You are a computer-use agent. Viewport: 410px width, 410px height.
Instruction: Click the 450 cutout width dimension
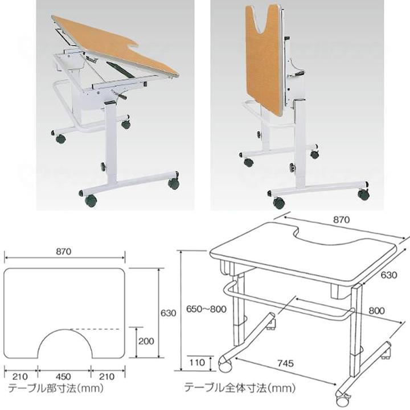[x=63, y=376]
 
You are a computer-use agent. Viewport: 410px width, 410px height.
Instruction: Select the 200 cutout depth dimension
[x=146, y=341]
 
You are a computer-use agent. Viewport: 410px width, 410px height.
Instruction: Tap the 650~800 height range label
[x=206, y=309]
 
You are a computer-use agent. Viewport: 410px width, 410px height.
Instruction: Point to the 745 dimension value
[x=285, y=363]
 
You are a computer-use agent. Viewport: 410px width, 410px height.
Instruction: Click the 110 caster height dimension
[x=197, y=362]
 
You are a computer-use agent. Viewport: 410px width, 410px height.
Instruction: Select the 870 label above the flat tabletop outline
[x=64, y=252]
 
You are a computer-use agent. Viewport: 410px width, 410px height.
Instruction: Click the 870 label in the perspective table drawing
[x=341, y=220]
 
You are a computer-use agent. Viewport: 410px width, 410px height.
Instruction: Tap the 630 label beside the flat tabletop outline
[x=168, y=313]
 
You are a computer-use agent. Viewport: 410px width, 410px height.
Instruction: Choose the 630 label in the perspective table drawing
[x=389, y=275]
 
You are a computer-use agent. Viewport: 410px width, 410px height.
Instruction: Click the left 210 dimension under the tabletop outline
[x=20, y=376]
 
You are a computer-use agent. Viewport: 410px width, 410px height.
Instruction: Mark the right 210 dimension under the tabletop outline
[x=107, y=376]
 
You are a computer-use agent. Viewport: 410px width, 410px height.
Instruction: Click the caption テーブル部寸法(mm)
[x=56, y=388]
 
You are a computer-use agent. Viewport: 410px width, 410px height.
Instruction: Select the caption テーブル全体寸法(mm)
[x=240, y=387]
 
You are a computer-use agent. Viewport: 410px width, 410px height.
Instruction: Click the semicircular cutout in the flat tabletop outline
[x=64, y=329]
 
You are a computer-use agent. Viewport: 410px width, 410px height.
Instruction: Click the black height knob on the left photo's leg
[x=104, y=166]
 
